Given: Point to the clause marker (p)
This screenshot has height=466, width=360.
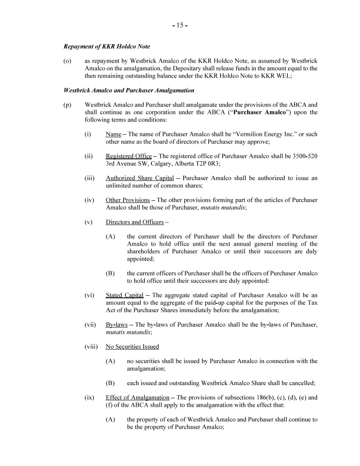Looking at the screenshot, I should click(x=67, y=105).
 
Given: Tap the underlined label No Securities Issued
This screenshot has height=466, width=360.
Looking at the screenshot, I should click(x=132, y=347).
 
